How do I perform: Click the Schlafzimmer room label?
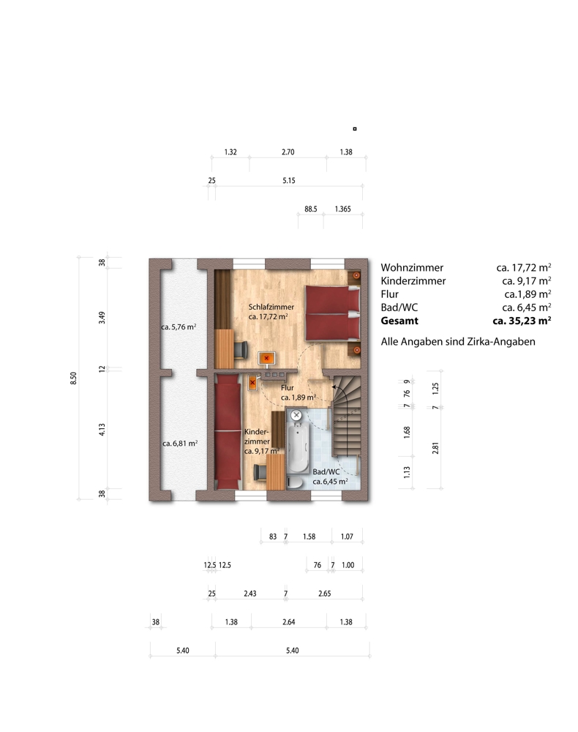click(x=271, y=307)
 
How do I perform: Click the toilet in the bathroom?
click(x=294, y=482)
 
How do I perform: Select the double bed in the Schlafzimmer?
click(x=333, y=313)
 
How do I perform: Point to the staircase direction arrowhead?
click(x=334, y=386)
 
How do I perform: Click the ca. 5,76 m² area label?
click(x=179, y=326)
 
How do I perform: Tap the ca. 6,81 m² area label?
click(x=180, y=443)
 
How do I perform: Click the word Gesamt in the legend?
click(x=399, y=321)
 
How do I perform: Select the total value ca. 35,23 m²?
click(x=522, y=321)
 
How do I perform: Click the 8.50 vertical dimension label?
click(x=73, y=378)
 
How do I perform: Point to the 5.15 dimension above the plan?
click(x=289, y=181)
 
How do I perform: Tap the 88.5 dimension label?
click(x=311, y=209)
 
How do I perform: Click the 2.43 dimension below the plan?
click(x=250, y=594)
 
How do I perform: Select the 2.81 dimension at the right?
click(x=435, y=448)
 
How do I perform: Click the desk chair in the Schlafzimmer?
click(x=241, y=350)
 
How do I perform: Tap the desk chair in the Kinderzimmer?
click(x=260, y=472)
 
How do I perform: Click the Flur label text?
click(x=288, y=387)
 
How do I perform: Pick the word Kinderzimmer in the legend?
click(x=413, y=281)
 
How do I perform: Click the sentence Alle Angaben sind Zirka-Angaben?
click(x=458, y=342)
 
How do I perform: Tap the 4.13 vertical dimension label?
click(x=102, y=430)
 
